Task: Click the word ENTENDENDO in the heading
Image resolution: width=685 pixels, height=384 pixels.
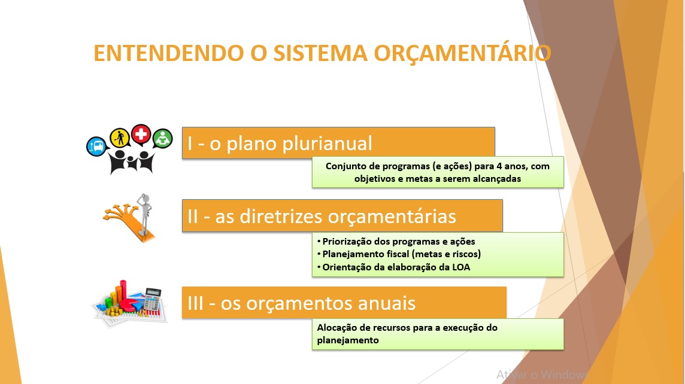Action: (169, 53)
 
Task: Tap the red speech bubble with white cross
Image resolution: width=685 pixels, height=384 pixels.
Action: (141, 135)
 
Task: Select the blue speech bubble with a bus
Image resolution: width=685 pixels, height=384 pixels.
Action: (96, 147)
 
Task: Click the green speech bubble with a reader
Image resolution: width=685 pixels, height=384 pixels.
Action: (163, 139)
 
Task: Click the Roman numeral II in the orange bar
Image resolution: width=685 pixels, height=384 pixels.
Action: (192, 217)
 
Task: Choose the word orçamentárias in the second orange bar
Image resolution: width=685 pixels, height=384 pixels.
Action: (392, 217)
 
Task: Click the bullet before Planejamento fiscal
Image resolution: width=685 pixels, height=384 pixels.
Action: (319, 254)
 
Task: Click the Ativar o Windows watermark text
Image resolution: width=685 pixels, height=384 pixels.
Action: (542, 374)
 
